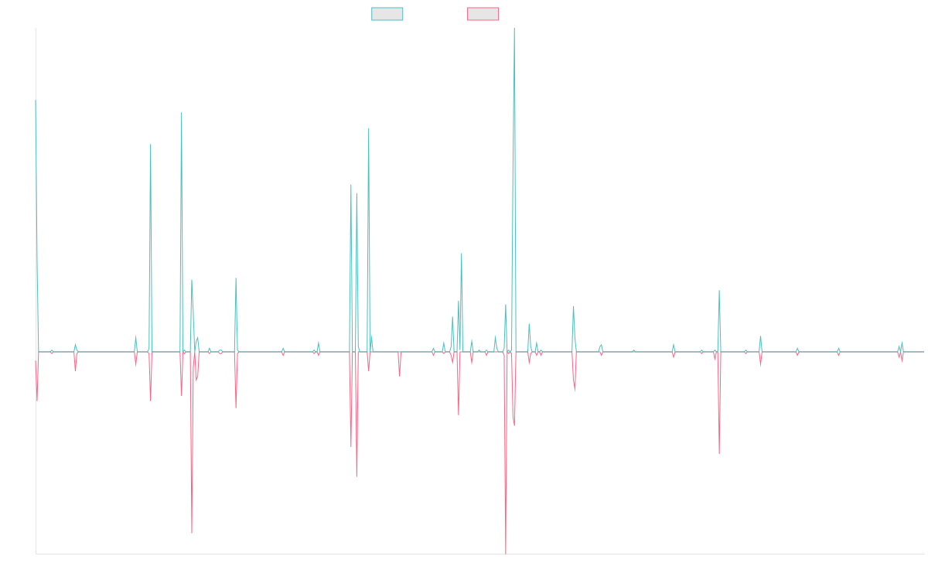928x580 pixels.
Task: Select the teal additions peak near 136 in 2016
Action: pos(182,114)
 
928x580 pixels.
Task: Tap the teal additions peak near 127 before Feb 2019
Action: pos(369,129)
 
